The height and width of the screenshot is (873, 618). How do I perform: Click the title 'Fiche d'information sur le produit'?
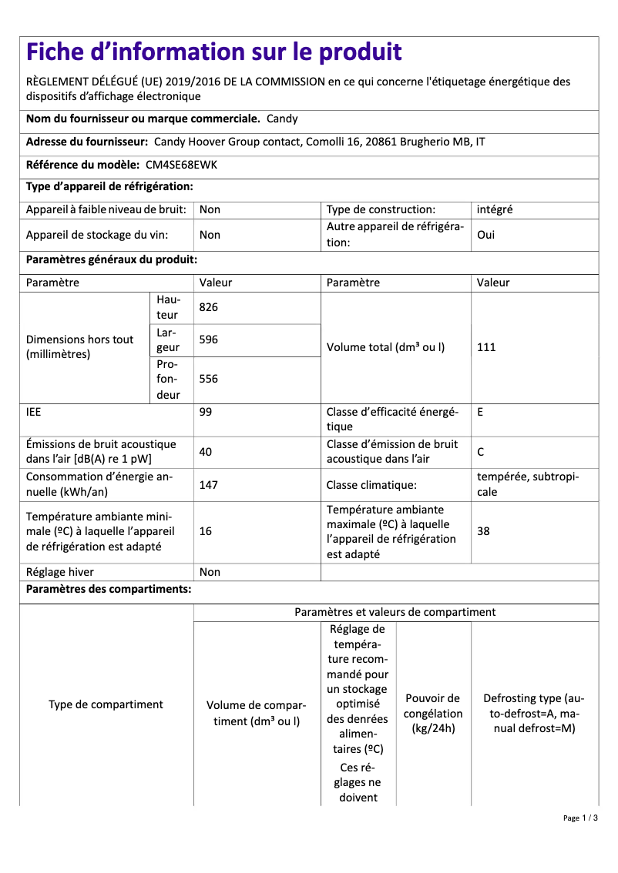point(214,52)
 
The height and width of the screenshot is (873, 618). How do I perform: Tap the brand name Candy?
point(282,119)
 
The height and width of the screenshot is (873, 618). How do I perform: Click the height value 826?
point(209,307)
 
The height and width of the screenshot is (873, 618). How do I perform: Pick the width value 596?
point(209,339)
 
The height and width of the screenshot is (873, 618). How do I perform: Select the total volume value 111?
point(486,347)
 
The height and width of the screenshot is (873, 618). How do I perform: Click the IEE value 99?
point(206,412)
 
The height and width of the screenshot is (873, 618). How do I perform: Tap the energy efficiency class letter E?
point(481,412)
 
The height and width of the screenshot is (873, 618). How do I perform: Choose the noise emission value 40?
point(206,452)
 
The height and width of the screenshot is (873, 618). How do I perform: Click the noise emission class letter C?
point(481,452)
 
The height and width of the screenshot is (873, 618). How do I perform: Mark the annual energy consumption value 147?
point(209,485)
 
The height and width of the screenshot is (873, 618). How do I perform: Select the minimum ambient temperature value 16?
point(206,531)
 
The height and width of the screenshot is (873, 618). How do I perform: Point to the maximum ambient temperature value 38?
point(484,531)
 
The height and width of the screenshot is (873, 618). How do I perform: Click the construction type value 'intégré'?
point(495,209)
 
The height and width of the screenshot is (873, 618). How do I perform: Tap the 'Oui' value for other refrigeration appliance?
point(486,235)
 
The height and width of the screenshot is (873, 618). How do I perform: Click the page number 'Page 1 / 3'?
point(579,818)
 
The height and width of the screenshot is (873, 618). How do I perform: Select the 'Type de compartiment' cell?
point(106,704)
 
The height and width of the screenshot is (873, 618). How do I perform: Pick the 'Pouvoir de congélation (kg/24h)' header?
point(433,713)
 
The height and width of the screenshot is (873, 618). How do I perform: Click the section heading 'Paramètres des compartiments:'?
point(109,590)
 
